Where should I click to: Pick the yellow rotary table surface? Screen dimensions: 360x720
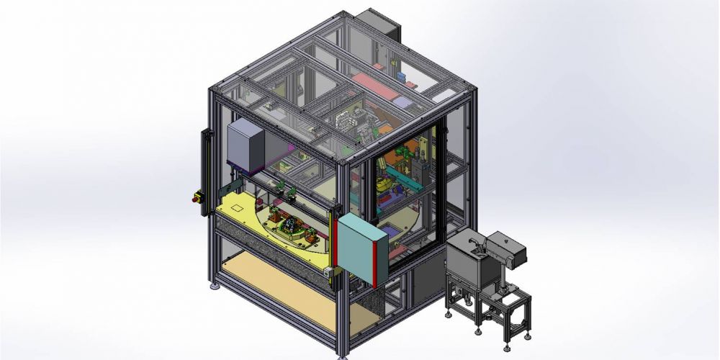(x=238, y=209)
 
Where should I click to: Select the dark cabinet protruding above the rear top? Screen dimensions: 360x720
(x=378, y=25)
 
